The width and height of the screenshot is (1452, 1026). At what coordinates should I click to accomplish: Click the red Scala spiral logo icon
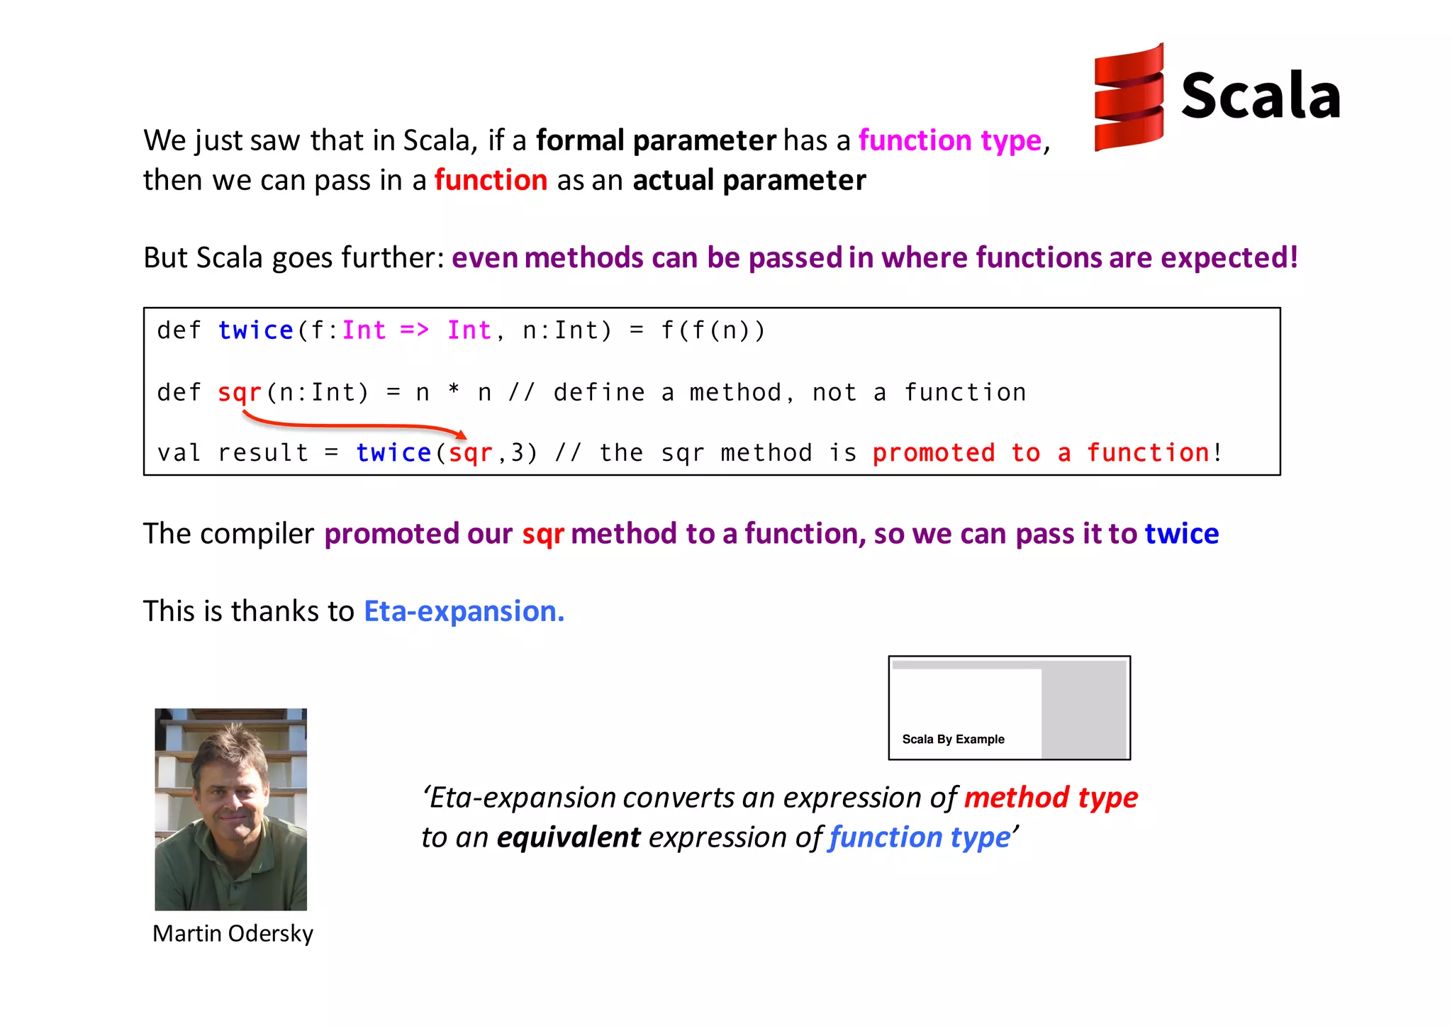[x=1129, y=97]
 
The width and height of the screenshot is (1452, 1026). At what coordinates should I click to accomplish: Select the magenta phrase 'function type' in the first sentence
[x=950, y=140]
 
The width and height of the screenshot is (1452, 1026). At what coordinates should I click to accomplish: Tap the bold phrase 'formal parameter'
[x=656, y=140]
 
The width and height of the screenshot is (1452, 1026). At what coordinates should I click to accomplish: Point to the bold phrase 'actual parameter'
[x=749, y=180]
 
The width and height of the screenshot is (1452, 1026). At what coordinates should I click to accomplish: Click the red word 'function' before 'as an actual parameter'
[x=491, y=180]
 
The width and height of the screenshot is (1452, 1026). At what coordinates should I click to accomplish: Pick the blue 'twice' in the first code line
[x=255, y=330]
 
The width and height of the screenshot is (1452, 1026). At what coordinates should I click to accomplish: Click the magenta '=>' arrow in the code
[x=414, y=330]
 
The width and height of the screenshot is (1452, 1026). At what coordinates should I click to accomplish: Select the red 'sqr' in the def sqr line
[x=240, y=392]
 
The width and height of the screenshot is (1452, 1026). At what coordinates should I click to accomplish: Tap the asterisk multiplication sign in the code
[x=454, y=390]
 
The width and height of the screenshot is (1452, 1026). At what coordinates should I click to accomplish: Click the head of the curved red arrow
[x=462, y=434]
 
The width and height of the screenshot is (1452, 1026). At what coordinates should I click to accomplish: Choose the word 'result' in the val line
[x=263, y=452]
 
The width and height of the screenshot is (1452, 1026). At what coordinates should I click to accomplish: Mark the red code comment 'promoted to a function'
[x=1040, y=452]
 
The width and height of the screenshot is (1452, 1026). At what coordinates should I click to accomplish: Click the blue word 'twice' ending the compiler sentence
[x=1182, y=533]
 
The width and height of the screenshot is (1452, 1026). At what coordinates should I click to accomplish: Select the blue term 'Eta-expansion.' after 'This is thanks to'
[x=464, y=611]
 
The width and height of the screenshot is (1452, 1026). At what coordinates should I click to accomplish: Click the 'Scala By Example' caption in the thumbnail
[x=953, y=739]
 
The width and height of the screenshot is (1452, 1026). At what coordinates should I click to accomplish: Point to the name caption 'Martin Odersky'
[x=233, y=933]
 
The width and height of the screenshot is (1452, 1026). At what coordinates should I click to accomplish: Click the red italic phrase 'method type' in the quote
[x=1051, y=798]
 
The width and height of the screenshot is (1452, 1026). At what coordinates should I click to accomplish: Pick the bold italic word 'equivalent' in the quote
[x=569, y=837]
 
